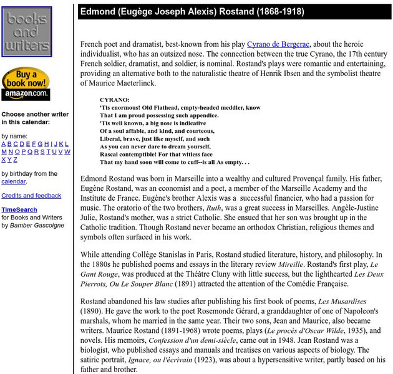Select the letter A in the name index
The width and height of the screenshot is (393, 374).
click(x=4, y=144)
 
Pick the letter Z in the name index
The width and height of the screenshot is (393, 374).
click(x=16, y=159)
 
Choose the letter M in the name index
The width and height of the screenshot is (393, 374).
click(x=4, y=151)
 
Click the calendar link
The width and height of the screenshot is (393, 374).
click(x=13, y=181)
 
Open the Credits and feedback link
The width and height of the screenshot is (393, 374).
click(x=31, y=196)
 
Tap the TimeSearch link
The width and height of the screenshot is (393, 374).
click(x=19, y=209)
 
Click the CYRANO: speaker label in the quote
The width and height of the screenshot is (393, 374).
click(x=115, y=99)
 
